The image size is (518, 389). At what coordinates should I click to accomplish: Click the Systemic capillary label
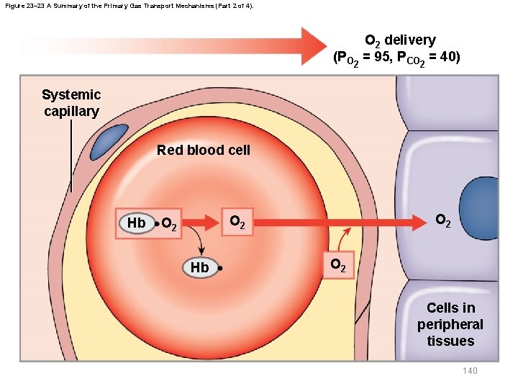(x=71, y=103)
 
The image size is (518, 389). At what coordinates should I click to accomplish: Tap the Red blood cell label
(x=204, y=150)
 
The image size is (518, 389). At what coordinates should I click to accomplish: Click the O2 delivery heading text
(x=400, y=40)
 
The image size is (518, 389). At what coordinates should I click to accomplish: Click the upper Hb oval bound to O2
(x=136, y=223)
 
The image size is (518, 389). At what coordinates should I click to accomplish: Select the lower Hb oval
(x=199, y=267)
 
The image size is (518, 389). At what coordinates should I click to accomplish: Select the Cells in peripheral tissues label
(x=450, y=324)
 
